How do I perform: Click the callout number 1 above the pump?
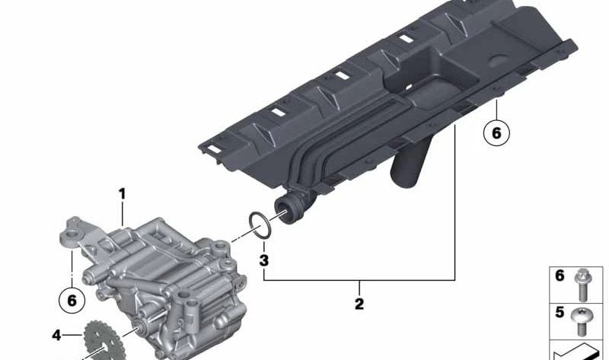[x=121, y=194]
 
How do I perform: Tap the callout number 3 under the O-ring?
[x=264, y=261]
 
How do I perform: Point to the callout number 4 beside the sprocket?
[x=56, y=334]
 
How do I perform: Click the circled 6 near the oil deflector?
[x=496, y=133]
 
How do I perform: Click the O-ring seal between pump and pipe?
[x=260, y=225]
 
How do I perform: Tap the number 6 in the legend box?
[x=560, y=276]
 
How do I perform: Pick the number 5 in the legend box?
[x=560, y=312]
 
